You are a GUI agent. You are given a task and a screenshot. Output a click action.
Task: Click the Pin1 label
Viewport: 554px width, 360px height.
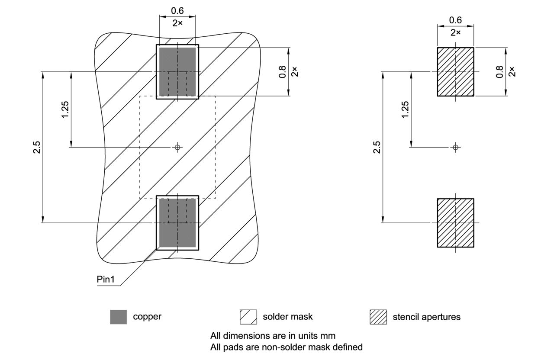click(x=106, y=280)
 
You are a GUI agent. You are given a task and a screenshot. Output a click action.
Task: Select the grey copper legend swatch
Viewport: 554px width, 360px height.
click(x=119, y=317)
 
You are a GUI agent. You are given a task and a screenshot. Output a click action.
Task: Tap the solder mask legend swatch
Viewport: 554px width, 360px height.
click(x=248, y=317)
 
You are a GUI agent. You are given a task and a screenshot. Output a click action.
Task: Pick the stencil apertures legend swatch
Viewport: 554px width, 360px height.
click(x=378, y=317)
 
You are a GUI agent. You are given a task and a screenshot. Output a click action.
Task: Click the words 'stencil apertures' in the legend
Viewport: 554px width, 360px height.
click(x=426, y=317)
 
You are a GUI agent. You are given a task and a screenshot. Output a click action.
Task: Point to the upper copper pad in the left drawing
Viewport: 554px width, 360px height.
click(x=177, y=72)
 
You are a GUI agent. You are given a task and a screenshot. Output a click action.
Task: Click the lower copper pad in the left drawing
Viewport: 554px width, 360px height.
click(x=177, y=223)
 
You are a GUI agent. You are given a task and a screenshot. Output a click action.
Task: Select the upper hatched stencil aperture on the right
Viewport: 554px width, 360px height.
click(x=455, y=71)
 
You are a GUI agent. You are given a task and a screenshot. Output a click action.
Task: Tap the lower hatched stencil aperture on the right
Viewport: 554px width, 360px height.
click(x=455, y=223)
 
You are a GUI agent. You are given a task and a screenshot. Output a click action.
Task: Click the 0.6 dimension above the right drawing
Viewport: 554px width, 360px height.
click(x=455, y=20)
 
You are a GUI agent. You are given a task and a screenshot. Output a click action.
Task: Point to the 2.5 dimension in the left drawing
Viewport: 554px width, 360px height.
click(x=38, y=147)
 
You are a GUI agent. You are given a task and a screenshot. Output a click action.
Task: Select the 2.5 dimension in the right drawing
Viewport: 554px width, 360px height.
click(x=377, y=147)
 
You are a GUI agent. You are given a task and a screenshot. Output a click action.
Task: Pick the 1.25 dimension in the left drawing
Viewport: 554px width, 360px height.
click(x=65, y=110)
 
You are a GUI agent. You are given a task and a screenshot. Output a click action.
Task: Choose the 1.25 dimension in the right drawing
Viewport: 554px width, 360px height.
click(x=405, y=110)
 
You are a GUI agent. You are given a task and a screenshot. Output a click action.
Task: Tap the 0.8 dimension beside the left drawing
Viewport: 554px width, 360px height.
click(x=283, y=71)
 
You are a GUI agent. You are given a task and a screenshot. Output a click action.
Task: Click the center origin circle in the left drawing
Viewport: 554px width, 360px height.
click(x=177, y=148)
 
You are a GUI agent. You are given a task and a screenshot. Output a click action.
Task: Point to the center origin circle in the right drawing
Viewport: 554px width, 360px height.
click(x=455, y=148)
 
